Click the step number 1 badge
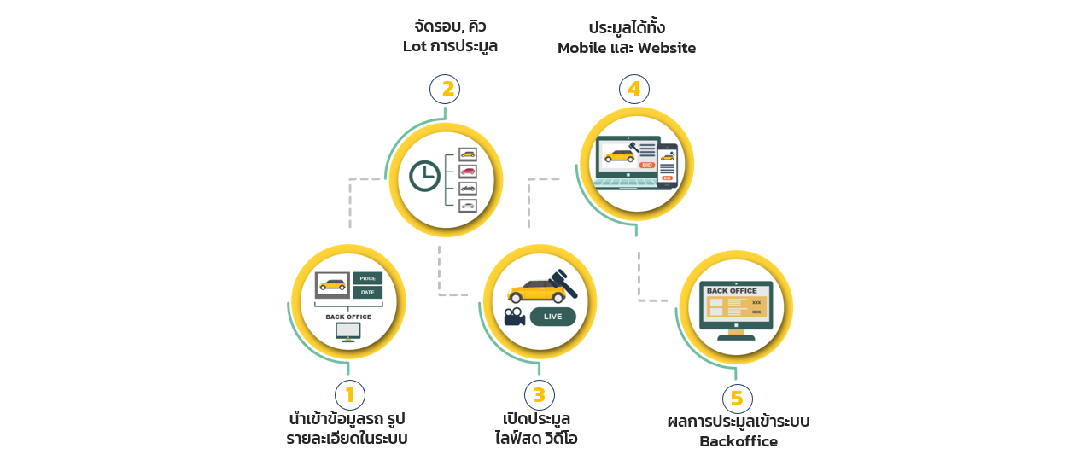(350, 395)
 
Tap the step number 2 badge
(445, 89)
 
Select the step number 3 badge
(540, 395)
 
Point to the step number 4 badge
(634, 89)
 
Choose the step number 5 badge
(738, 399)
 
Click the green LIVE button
(553, 317)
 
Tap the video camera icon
(514, 317)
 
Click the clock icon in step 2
(424, 176)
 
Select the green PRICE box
(367, 278)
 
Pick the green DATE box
(367, 292)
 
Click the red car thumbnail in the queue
(468, 171)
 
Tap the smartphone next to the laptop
(667, 166)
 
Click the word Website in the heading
(667, 48)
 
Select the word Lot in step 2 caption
(415, 46)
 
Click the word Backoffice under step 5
(739, 441)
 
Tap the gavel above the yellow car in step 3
(563, 283)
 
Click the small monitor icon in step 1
(348, 332)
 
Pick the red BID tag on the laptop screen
(647, 166)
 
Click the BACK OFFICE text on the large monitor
(732, 291)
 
